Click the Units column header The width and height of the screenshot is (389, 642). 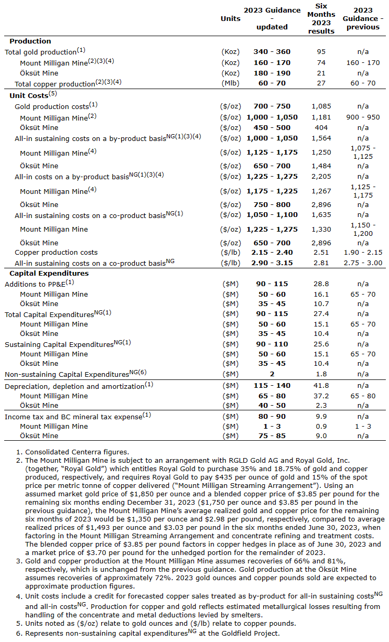(231, 18)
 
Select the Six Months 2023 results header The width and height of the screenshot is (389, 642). (321, 18)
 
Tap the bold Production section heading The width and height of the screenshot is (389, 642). (30, 41)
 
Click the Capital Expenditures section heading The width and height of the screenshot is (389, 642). (49, 273)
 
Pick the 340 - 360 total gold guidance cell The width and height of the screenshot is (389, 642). (273, 51)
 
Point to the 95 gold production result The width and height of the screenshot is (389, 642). (321, 51)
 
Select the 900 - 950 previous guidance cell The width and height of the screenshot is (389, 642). (363, 117)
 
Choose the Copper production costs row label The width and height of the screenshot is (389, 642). (56, 253)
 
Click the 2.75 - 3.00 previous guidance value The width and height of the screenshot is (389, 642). (363, 263)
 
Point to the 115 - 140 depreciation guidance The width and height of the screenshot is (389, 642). (273, 386)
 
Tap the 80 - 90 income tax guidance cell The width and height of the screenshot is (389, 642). (273, 416)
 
